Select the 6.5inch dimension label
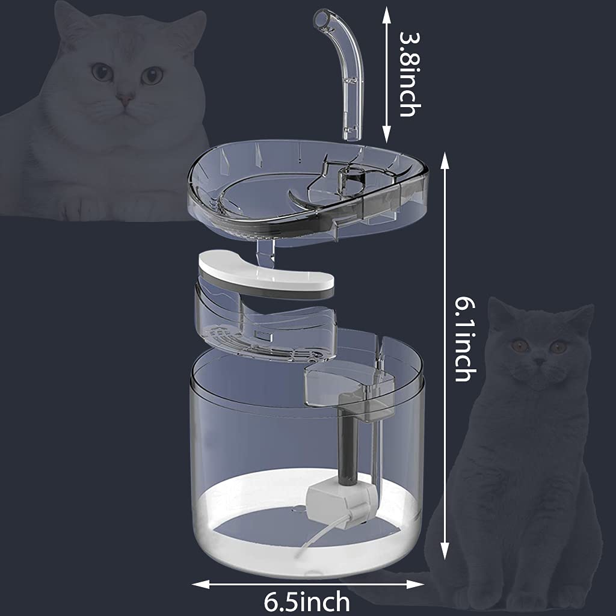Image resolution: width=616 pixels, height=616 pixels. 307,600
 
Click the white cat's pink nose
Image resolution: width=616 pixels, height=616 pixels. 125,97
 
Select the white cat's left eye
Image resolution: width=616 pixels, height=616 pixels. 102,73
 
